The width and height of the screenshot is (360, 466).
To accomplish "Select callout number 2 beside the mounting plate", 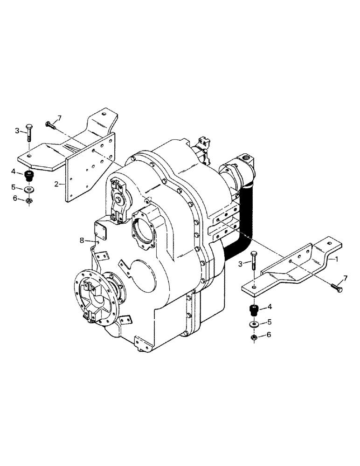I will click(56, 184).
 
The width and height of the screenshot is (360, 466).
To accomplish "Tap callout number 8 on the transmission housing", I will click(82, 240).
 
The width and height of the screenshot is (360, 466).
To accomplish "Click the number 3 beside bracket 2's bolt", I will click(17, 131).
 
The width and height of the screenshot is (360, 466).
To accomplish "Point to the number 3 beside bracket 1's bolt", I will click(240, 264).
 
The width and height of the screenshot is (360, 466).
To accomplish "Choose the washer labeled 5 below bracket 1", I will click(254, 324).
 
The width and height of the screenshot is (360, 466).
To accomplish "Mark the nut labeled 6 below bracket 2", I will click(29, 200).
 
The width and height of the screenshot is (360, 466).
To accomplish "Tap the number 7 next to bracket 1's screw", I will click(345, 278).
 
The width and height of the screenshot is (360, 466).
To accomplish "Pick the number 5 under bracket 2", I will click(14, 188).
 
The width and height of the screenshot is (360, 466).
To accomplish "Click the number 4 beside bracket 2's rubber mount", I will click(14, 172).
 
